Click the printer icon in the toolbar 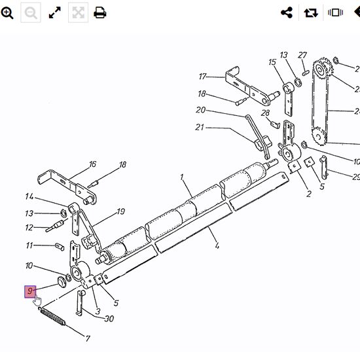click(100, 12)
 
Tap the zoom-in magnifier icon click(7, 13)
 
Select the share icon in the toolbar click(287, 12)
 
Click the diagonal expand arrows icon click(55, 12)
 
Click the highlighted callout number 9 click(30, 291)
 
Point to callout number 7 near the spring click(88, 338)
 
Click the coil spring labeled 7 click(52, 316)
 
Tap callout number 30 click(109, 319)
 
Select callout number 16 click(92, 164)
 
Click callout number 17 click(203, 77)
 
